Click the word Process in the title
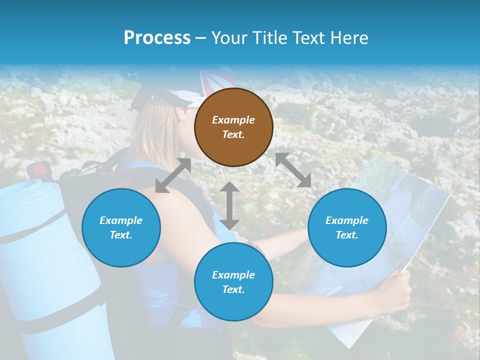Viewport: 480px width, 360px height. click(157, 37)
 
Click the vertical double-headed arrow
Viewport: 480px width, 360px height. click(229, 205)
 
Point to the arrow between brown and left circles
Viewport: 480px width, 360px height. click(173, 175)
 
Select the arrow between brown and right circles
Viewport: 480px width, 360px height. click(293, 170)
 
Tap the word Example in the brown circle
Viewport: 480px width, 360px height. click(233, 120)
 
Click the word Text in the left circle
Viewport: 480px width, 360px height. click(121, 235)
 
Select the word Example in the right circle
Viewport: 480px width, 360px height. click(347, 220)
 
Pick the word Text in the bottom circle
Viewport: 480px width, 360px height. click(233, 289)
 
